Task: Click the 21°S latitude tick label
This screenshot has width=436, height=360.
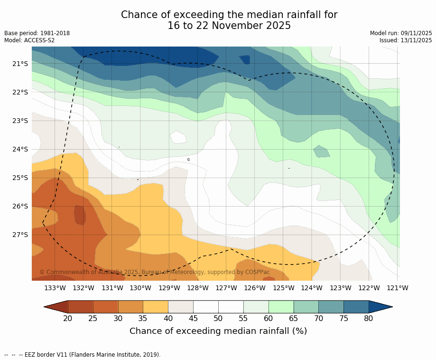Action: pyautogui.click(x=20, y=64)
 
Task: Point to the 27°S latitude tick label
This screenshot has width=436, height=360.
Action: pyautogui.click(x=20, y=235)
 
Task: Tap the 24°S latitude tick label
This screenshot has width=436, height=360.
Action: pyautogui.click(x=20, y=149)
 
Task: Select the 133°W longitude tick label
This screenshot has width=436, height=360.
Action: pyautogui.click(x=55, y=288)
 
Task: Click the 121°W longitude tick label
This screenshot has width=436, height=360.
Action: pyautogui.click(x=398, y=288)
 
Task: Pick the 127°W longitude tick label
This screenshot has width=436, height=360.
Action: pyautogui.click(x=226, y=288)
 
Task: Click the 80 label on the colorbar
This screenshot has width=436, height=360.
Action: pyautogui.click(x=369, y=318)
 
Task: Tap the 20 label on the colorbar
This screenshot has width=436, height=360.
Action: pyautogui.click(x=68, y=318)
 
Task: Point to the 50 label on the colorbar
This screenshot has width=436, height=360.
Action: pyautogui.click(x=218, y=318)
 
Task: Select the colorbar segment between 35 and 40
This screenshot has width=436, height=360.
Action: pyautogui.click(x=156, y=307)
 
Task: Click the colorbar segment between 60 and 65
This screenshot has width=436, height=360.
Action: pyautogui.click(x=281, y=307)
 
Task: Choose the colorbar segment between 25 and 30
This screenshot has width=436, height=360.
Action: pyautogui.click(x=105, y=307)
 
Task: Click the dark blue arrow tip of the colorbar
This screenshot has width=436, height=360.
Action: pyautogui.click(x=380, y=307)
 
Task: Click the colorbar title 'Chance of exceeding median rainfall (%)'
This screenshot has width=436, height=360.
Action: pyautogui.click(x=218, y=331)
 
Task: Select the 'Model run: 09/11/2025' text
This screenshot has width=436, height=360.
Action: pyautogui.click(x=401, y=33)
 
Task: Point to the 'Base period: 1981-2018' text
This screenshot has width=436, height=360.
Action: pyautogui.click(x=37, y=33)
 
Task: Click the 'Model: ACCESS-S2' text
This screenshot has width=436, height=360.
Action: pyautogui.click(x=29, y=40)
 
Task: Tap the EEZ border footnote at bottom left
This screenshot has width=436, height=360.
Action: pyautogui.click(x=83, y=355)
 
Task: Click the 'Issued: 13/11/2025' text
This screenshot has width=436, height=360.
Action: pyautogui.click(x=406, y=40)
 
